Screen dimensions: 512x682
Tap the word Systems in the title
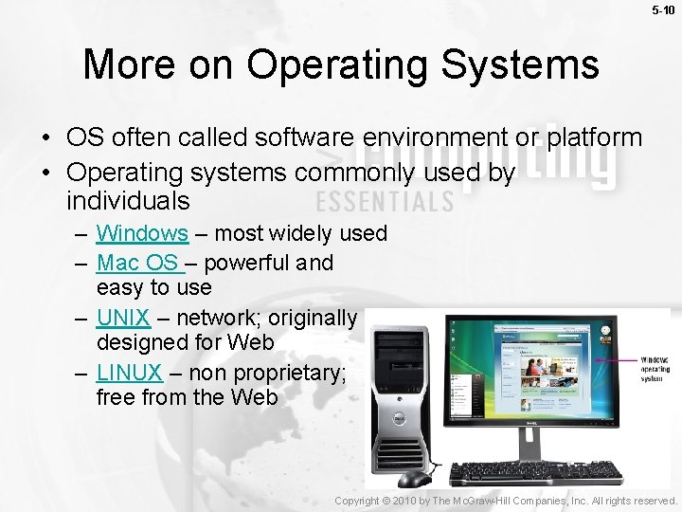pos(518,64)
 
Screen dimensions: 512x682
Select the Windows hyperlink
pos(142,233)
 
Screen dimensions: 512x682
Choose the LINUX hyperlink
pos(129,373)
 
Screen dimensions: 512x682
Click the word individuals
pos(128,201)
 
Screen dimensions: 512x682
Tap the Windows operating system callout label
pos(655,369)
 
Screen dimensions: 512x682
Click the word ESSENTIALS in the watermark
pos(385,201)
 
